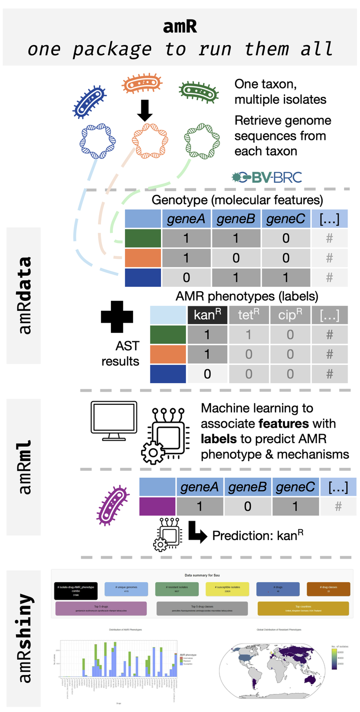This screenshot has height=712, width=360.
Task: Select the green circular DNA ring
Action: pyautogui.click(x=198, y=139)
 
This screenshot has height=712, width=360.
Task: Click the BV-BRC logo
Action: pyautogui.click(x=266, y=177)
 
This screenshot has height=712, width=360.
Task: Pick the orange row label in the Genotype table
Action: pyautogui.click(x=143, y=258)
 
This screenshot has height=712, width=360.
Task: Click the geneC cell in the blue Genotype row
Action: pyautogui.click(x=286, y=277)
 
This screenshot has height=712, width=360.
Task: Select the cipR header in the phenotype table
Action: pyautogui.click(x=290, y=315)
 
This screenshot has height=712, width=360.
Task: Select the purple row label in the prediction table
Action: pyautogui.click(x=157, y=506)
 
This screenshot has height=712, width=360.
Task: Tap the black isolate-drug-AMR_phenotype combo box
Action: pyautogui.click(x=76, y=590)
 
